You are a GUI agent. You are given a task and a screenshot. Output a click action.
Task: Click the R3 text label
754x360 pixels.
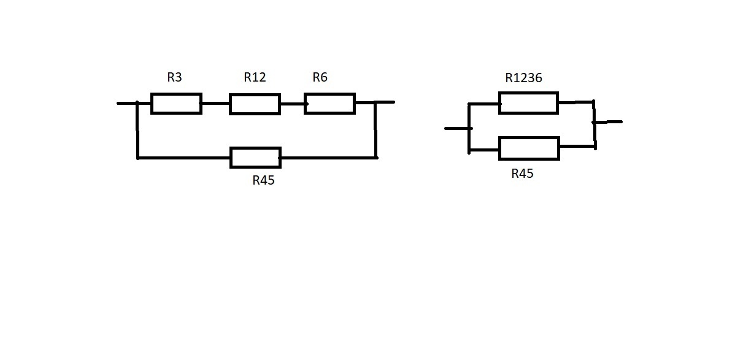[x=174, y=78]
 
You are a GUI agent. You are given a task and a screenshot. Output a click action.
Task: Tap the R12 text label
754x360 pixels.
[x=255, y=77]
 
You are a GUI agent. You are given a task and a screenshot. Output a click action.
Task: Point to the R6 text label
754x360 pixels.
[x=320, y=77]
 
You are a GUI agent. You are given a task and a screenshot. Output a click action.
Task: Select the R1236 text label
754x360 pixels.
[x=523, y=78]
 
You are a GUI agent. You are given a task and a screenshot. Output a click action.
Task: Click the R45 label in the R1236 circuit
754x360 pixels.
[x=522, y=174]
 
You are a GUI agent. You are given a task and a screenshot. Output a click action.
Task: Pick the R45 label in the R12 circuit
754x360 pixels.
[x=263, y=180]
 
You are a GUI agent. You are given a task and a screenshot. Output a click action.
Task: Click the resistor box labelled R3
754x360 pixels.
[x=176, y=104]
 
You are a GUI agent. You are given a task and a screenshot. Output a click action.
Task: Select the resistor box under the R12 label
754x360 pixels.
[x=255, y=104]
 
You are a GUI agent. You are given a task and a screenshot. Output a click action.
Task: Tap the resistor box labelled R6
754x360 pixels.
[x=329, y=104]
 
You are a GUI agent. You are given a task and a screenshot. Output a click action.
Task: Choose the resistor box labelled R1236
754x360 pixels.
[x=528, y=103]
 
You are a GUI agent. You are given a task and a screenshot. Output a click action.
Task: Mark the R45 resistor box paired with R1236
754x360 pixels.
[x=529, y=148]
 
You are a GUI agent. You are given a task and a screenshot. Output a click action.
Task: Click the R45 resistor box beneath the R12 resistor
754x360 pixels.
[x=255, y=158]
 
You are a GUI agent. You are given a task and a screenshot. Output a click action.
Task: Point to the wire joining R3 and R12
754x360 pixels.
[x=215, y=104]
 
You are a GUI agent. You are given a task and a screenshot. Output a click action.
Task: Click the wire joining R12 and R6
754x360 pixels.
[x=293, y=104]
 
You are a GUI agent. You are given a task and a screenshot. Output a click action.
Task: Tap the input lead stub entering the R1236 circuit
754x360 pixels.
[x=456, y=128]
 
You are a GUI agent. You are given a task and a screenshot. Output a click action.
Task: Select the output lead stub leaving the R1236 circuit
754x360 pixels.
[x=609, y=122]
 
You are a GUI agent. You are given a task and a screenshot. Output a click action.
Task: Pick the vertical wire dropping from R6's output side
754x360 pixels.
[x=375, y=130]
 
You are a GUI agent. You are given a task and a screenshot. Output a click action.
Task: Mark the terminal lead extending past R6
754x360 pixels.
[x=385, y=102]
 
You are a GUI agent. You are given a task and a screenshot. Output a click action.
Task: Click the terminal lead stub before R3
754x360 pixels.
[x=126, y=103]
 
